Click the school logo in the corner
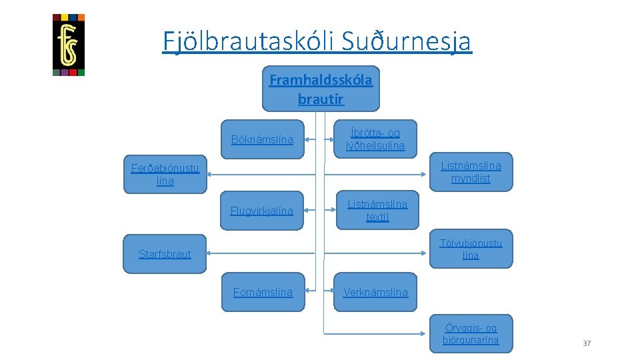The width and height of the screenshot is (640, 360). point(69,45)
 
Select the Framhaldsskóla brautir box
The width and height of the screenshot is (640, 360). point(321,89)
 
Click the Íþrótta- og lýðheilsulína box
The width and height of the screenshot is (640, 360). point(375,139)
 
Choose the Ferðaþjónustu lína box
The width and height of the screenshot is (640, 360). point(165,175)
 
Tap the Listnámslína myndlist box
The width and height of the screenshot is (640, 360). point(471,171)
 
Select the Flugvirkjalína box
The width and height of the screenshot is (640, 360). point(262,211)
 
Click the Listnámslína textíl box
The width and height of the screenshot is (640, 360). point(377,210)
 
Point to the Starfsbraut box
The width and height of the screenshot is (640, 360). point(165,253)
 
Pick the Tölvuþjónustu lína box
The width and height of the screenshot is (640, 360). point(471,249)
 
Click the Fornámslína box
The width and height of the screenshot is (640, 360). point(263,292)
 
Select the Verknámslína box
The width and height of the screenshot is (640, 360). point(375,292)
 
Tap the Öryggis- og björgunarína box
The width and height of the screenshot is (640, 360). point(471,334)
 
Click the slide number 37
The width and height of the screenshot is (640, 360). point(587,343)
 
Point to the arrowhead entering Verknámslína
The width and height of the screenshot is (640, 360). point(330,292)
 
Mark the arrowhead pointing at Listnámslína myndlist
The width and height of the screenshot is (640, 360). point(426,175)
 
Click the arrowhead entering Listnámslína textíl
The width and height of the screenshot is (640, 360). point(330,211)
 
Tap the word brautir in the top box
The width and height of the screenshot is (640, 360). point(321,99)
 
